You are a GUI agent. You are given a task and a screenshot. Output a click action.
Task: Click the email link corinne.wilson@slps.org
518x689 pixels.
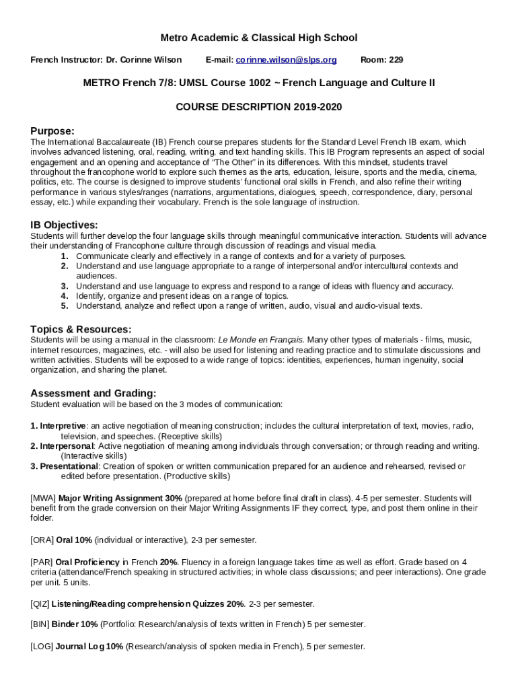(x=286, y=60)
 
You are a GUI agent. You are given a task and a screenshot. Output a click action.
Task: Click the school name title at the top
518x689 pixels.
(x=259, y=38)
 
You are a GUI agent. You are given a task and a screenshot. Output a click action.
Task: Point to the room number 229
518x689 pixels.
(x=381, y=60)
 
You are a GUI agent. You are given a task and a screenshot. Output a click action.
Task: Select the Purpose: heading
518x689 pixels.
(x=52, y=131)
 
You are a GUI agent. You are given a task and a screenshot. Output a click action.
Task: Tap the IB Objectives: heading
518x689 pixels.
(x=64, y=225)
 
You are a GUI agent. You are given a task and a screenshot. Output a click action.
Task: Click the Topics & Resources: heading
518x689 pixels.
(x=81, y=329)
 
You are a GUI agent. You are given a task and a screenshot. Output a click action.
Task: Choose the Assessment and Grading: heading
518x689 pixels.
(x=94, y=393)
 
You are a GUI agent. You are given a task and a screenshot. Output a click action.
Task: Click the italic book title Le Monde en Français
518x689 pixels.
(x=260, y=340)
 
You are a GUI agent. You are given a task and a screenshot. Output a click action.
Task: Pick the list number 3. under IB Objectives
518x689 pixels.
(x=65, y=286)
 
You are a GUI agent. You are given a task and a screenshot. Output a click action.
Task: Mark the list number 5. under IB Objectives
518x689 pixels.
(x=65, y=305)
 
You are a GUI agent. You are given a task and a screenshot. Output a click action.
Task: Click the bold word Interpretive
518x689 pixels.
(x=63, y=426)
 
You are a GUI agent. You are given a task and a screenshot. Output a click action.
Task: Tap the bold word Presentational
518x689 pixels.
(x=69, y=466)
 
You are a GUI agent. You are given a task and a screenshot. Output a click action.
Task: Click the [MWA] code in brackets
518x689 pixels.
(x=43, y=498)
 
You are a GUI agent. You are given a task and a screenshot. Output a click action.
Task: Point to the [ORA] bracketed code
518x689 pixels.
(x=42, y=540)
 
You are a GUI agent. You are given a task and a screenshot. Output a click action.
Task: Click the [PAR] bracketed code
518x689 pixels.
(x=42, y=561)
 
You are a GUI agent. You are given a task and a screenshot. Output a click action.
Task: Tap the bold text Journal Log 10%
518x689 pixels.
(x=89, y=646)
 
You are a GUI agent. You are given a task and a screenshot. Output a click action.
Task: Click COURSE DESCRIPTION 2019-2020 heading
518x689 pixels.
(x=259, y=107)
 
